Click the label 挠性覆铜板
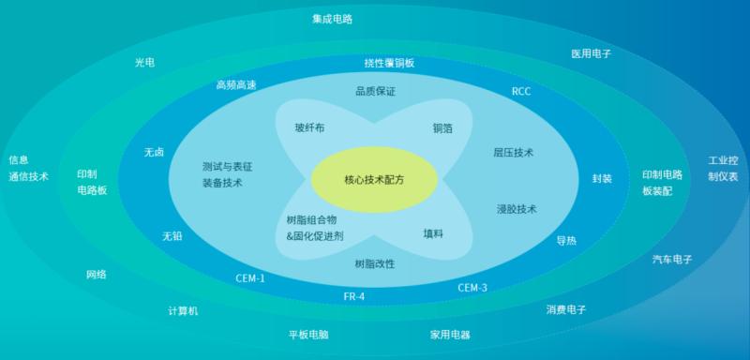[389, 63]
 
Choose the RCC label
[521, 91]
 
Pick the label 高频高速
[236, 85]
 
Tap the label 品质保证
[375, 91]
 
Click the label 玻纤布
[309, 127]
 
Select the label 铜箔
[442, 128]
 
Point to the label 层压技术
[514, 152]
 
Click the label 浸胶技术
[517, 208]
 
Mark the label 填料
[433, 233]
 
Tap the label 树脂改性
[375, 263]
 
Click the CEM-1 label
[250, 278]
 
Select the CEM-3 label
[472, 287]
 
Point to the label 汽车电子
[672, 260]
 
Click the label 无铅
[172, 236]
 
